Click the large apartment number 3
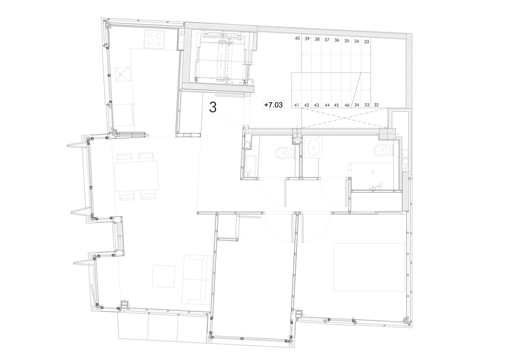click(212, 108)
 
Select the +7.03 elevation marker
click(273, 105)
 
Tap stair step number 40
click(297, 38)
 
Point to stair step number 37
click(327, 39)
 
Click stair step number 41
click(296, 105)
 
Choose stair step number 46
click(347, 105)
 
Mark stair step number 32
click(376, 105)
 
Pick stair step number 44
click(327, 105)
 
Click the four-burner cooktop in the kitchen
click(155, 39)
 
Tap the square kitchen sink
click(122, 75)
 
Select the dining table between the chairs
click(136, 176)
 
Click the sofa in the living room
click(197, 279)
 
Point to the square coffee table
click(163, 276)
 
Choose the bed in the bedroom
click(369, 267)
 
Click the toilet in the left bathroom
click(284, 152)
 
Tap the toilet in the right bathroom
click(382, 150)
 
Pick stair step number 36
click(337, 40)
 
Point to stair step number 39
click(307, 39)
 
